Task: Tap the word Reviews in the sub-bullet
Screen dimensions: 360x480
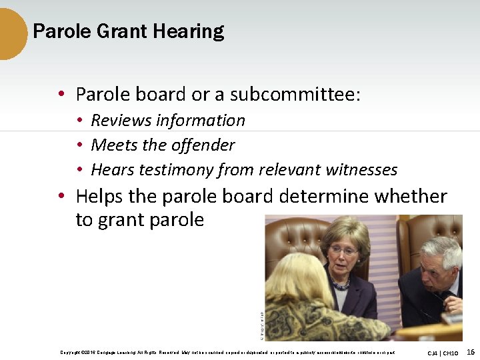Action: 121,121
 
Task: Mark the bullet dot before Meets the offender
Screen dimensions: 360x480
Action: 79,145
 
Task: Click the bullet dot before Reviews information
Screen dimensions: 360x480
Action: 79,121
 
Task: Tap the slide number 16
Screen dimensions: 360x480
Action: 470,351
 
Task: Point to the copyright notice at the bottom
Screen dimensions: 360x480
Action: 227,352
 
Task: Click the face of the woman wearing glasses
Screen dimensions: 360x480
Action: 344,251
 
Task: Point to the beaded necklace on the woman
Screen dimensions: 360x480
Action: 341,285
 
